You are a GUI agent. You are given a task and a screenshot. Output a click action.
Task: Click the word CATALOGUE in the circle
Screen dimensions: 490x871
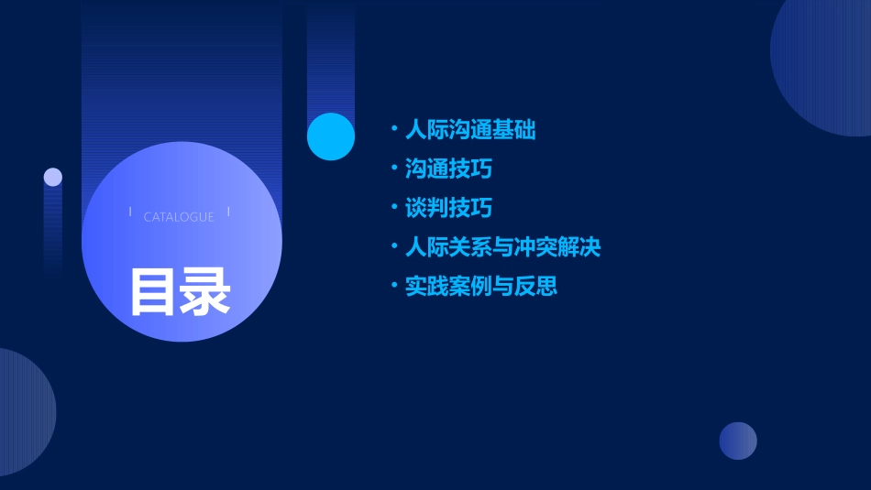coord(179,217)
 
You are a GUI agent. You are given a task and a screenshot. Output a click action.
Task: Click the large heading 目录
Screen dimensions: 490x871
coord(180,292)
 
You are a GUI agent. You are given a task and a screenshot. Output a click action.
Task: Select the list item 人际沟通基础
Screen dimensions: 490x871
coord(470,130)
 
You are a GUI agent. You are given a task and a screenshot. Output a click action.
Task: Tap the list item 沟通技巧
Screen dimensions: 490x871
coord(448,169)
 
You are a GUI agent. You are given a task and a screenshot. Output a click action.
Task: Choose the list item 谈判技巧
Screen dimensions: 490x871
coord(448,208)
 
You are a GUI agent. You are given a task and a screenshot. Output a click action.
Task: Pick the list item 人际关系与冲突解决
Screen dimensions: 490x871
coord(502,247)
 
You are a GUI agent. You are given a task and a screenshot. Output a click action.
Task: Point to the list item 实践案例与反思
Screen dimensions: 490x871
coord(481,287)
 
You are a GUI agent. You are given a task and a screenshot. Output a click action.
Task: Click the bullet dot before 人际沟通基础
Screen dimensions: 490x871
coord(393,129)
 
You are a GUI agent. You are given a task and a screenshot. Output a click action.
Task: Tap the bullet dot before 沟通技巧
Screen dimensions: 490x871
coord(393,169)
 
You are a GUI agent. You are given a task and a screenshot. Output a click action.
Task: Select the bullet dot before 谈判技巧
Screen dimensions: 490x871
coord(393,207)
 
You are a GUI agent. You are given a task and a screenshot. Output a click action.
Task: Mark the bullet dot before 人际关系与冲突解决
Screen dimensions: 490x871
coord(393,246)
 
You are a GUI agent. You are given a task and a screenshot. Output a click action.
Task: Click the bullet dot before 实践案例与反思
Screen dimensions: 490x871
coord(393,286)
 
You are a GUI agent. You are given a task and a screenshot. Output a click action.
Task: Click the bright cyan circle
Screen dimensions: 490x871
coord(331,136)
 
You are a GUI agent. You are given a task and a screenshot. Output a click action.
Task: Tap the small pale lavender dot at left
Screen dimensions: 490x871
coord(53,177)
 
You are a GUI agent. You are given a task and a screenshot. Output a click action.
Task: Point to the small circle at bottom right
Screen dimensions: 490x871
coord(738,441)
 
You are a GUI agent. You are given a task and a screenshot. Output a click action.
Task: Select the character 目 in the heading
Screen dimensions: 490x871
coord(153,292)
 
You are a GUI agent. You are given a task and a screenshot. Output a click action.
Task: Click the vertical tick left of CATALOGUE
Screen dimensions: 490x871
coord(130,212)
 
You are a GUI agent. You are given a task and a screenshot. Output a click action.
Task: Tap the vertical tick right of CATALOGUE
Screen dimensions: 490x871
coord(228,212)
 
